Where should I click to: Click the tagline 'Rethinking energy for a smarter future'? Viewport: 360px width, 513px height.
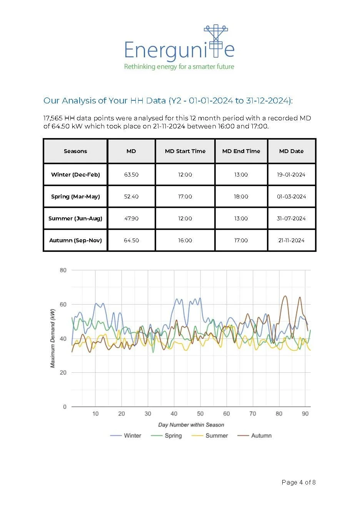179,67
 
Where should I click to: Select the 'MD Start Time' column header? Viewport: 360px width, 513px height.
185,151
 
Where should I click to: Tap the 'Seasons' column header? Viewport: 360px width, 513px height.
75,151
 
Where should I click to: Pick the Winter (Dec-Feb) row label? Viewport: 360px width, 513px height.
75,175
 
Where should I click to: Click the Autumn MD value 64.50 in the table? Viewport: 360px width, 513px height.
131,240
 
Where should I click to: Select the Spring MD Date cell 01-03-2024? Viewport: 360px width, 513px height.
291,197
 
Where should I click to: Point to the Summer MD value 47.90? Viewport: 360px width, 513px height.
131,218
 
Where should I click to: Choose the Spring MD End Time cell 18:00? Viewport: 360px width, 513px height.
241,197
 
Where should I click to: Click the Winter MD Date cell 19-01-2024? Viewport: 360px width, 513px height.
291,175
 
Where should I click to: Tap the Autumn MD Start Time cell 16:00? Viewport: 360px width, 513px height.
185,240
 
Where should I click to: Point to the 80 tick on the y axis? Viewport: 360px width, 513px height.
63,270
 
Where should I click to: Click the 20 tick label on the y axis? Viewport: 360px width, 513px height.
63,373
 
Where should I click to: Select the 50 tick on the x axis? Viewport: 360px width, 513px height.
200,414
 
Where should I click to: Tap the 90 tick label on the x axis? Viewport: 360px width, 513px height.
305,414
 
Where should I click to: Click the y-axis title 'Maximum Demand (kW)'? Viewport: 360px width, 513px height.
53,338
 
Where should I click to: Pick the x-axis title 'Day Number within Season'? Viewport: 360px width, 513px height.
191,425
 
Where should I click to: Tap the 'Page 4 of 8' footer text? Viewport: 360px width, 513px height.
298,482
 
